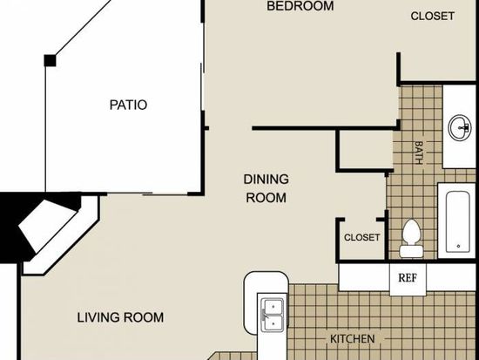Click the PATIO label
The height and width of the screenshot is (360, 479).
point(128,105)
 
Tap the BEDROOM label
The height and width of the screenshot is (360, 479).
point(300,6)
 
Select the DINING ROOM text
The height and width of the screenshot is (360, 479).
point(266,188)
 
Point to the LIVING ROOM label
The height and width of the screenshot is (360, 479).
point(120,317)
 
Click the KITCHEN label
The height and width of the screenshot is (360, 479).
point(352,339)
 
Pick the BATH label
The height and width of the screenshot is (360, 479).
point(419,153)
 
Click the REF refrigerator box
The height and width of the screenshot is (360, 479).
point(408,279)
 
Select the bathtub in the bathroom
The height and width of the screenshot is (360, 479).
point(457,221)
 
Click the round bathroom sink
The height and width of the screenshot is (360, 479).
point(460,128)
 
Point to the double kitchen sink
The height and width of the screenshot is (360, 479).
point(273,315)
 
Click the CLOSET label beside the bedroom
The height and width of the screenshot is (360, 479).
point(432,17)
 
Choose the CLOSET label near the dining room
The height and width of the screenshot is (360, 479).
point(362,237)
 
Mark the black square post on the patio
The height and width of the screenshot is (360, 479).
point(50,60)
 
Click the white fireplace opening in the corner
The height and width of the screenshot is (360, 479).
point(47,226)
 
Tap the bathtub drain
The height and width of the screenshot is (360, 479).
point(458,246)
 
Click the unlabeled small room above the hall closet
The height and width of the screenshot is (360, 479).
point(366,150)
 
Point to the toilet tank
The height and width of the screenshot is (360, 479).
point(411,251)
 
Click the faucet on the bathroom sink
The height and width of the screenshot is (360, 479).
point(466,128)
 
